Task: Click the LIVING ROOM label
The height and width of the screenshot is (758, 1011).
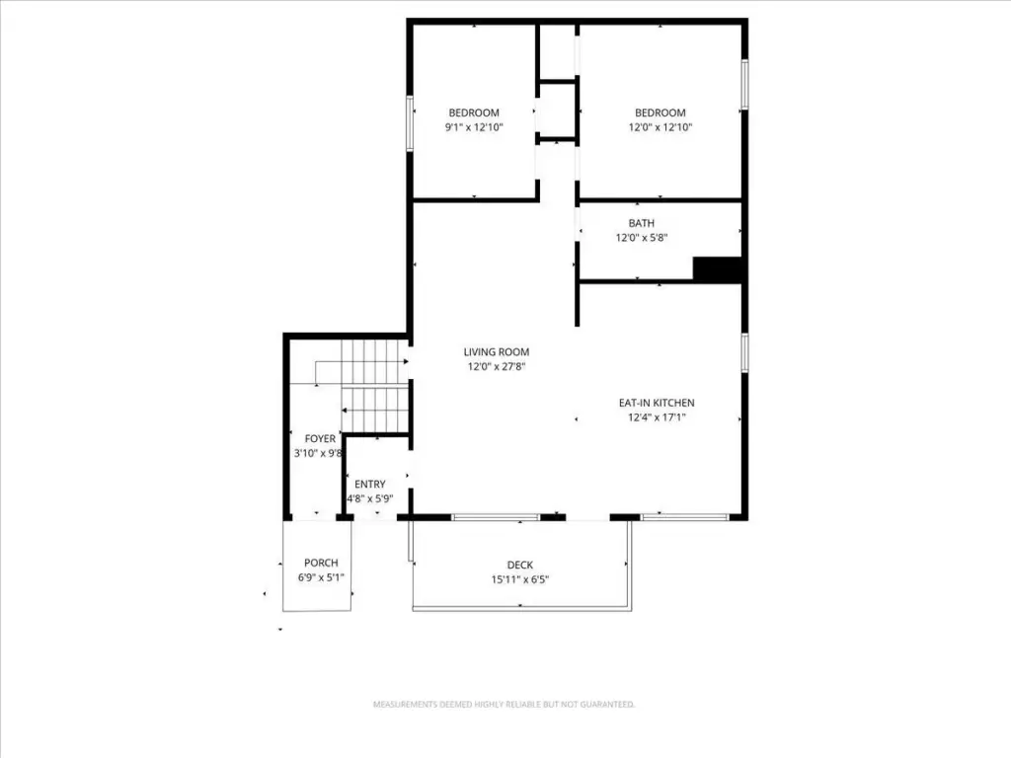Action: [496, 352]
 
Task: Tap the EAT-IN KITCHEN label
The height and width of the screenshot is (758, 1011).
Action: [657, 403]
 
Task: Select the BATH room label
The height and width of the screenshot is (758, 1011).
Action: [642, 223]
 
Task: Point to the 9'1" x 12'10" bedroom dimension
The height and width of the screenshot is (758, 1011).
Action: [474, 127]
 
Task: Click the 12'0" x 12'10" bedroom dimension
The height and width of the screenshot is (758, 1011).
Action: [661, 127]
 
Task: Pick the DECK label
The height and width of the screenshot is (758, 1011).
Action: [519, 566]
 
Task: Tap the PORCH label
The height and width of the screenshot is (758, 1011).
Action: [321, 563]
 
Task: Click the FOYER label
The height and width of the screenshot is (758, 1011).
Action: [320, 439]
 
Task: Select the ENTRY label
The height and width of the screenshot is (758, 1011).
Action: [370, 484]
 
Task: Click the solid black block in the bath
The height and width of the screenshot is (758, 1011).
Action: [718, 269]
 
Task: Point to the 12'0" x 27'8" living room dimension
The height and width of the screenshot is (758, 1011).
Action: [497, 367]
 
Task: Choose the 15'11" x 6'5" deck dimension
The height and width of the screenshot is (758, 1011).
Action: [519, 579]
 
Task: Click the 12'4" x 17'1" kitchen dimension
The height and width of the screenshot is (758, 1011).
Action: [657, 417]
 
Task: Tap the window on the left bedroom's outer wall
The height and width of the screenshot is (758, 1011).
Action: [410, 123]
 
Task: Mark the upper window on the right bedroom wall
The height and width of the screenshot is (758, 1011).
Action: [744, 85]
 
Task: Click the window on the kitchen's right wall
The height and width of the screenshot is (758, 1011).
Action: [744, 352]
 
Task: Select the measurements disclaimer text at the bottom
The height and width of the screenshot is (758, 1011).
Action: [504, 705]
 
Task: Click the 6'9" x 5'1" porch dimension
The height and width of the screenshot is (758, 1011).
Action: [321, 577]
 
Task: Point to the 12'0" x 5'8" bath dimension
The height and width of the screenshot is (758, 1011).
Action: [642, 238]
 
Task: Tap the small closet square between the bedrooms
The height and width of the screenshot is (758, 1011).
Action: [557, 111]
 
